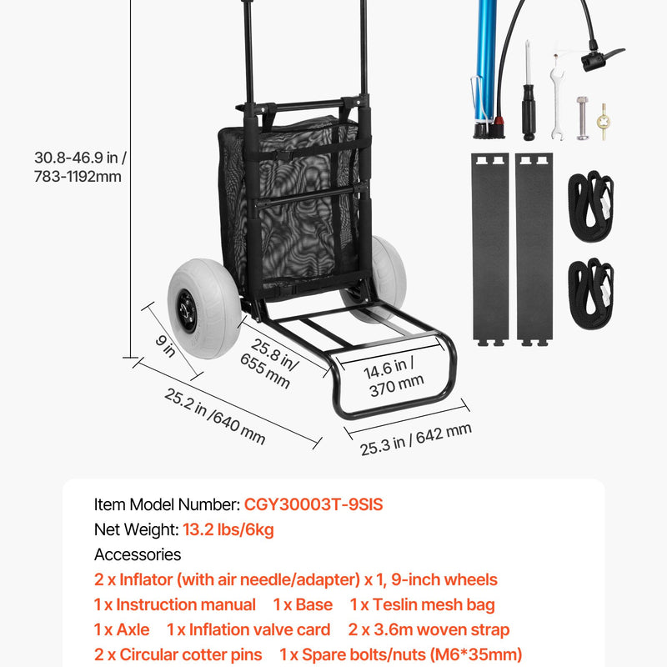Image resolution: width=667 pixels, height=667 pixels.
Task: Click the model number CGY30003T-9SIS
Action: tap(313, 504)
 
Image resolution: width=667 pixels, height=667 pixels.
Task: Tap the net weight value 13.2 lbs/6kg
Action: tap(228, 529)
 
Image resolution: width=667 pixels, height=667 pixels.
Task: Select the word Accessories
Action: tap(138, 554)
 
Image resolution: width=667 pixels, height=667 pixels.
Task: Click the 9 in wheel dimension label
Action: tap(165, 346)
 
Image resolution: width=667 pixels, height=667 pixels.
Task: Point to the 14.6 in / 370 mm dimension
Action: tap(394, 377)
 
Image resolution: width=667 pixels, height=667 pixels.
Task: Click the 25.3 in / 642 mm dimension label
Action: tap(415, 439)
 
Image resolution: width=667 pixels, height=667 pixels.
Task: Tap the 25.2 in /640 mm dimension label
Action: tap(215, 416)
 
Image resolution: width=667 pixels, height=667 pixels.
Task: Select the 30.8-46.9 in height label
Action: tap(80, 167)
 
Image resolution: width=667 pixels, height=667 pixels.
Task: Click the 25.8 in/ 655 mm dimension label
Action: tap(269, 364)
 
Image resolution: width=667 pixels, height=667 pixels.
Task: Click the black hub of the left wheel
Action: tap(186, 311)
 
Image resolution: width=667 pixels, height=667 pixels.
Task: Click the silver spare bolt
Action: tap(582, 118)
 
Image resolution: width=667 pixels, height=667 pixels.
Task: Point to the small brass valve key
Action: tap(603, 122)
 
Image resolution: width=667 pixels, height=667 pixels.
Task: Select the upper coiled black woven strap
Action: tap(590, 206)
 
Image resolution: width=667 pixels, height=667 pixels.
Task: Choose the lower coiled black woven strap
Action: tap(590, 293)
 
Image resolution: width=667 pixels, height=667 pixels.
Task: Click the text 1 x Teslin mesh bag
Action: tap(422, 605)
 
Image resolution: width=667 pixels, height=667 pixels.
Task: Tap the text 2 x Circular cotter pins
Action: tap(178, 654)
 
